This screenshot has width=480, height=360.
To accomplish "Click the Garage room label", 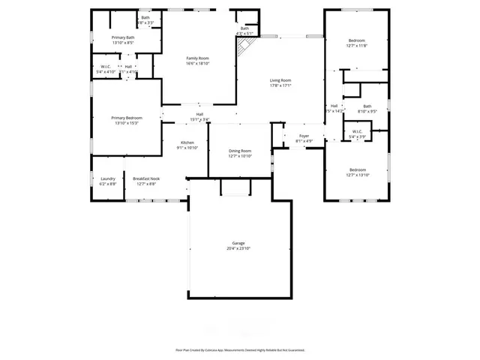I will click(238, 243).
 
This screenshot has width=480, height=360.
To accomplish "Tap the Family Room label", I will click(198, 58).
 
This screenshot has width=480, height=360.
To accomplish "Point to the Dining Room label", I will click(240, 151).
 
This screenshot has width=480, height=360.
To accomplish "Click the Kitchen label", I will click(187, 142).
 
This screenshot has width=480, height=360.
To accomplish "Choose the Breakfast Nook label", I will click(145, 178).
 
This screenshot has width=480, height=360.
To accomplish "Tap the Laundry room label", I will click(108, 178).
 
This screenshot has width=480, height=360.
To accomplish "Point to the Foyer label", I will click(304, 136).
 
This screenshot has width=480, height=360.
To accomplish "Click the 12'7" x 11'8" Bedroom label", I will click(356, 40).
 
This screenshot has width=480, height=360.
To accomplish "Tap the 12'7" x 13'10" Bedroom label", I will click(356, 169).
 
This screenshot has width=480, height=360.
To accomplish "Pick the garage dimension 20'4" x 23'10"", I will click(238, 248).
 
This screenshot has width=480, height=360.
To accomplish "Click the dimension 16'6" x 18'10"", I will click(198, 63).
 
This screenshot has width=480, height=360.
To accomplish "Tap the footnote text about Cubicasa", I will click(240, 349).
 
